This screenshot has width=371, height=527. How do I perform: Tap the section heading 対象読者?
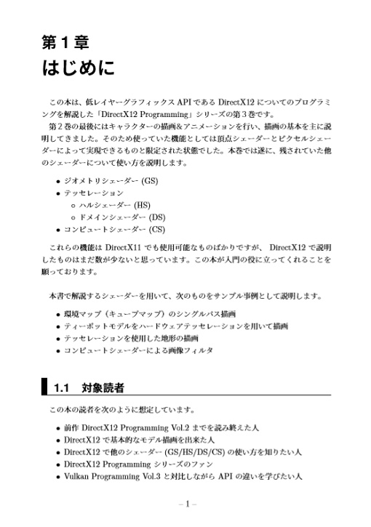(x=103, y=388)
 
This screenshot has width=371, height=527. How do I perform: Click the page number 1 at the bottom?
(x=186, y=504)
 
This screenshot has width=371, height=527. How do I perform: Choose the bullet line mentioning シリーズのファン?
(x=131, y=464)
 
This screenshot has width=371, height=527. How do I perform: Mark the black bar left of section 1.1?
(x=45, y=387)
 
